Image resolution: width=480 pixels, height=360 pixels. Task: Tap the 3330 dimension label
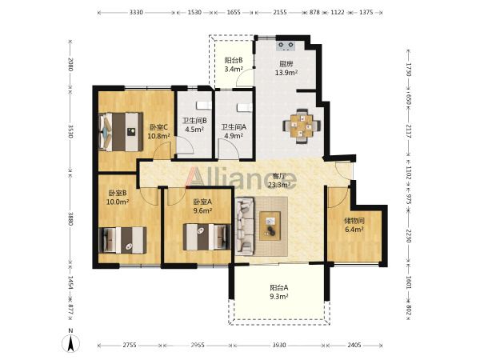tap(136, 12)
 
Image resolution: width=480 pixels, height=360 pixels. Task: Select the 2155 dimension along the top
tap(280, 12)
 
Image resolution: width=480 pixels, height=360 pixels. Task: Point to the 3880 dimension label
tap(70, 219)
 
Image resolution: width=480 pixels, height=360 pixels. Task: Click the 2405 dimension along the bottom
tap(354, 346)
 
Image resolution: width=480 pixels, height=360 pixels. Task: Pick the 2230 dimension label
tap(408, 236)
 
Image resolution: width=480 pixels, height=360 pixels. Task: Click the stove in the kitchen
tap(286, 46)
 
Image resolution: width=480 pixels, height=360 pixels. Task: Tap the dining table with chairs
tap(302, 126)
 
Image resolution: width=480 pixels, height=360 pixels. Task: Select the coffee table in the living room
tap(270, 226)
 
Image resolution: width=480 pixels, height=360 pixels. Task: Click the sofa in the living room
tap(245, 226)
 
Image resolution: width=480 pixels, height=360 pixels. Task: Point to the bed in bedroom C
tap(122, 132)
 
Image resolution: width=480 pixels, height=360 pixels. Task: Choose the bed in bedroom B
tap(122, 240)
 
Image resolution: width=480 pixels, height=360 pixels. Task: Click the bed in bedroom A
tap(206, 237)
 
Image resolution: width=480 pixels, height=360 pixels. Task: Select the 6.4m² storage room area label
tap(354, 230)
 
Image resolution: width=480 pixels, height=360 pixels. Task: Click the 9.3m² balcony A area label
tap(279, 296)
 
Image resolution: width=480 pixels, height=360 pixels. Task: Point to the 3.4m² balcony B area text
tap(234, 69)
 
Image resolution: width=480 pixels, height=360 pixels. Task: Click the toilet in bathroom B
tap(204, 106)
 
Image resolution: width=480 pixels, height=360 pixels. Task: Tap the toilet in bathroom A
tap(245, 107)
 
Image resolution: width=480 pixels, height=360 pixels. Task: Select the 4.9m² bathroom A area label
tap(234, 135)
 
